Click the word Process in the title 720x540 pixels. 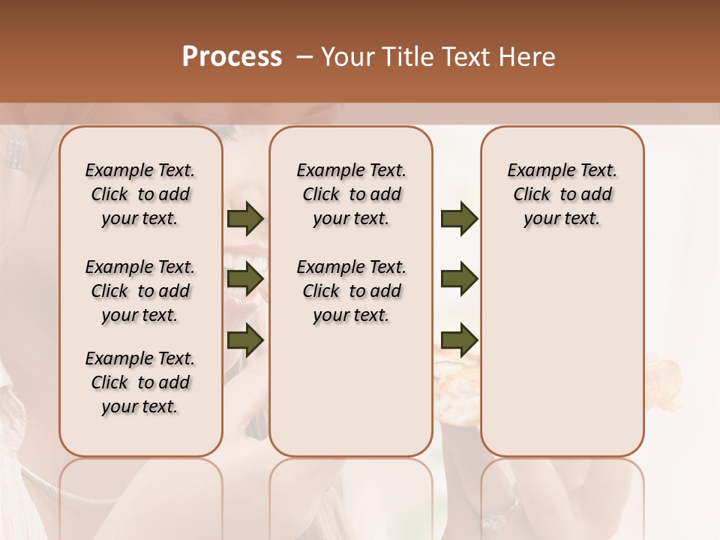point(232,57)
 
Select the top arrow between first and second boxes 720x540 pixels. point(245,219)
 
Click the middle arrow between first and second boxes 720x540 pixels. point(245,279)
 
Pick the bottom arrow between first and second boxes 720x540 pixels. point(245,339)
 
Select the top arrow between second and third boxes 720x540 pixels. point(459,219)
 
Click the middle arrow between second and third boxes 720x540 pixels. point(459,279)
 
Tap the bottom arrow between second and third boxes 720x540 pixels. point(459,339)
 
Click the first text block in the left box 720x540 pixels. point(140,194)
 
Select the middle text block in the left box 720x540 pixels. point(140,291)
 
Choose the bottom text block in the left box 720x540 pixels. point(140,382)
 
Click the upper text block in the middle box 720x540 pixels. point(351,194)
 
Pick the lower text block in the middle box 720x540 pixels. point(351,291)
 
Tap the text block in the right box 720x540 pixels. point(562,194)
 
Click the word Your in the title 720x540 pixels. point(348,57)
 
